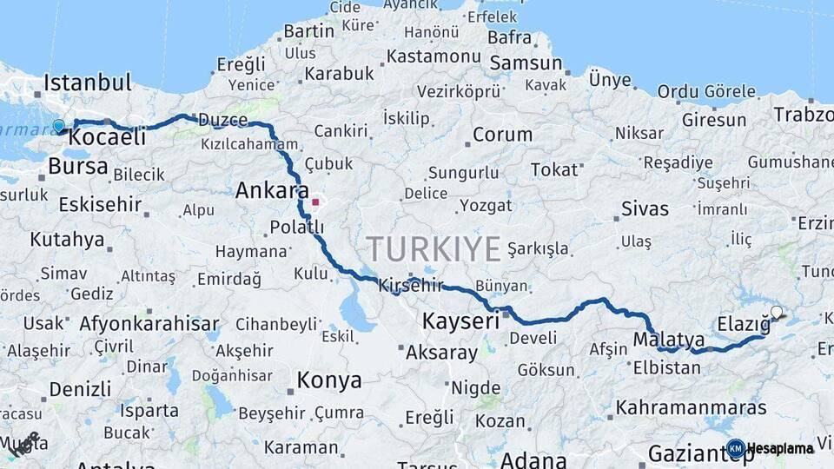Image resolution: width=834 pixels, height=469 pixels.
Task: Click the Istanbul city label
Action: pyautogui.click(x=87, y=83)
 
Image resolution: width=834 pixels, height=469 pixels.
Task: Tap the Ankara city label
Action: pyautogui.click(x=272, y=190)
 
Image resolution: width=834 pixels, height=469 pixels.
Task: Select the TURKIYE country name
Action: pyautogui.click(x=434, y=249)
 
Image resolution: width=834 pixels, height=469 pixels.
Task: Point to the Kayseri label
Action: pyautogui.click(x=460, y=321)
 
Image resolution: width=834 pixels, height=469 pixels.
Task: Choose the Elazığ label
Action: pyautogui.click(x=744, y=325)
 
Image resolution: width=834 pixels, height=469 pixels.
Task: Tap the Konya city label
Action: pyautogui.click(x=329, y=380)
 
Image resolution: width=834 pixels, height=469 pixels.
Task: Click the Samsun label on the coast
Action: pyautogui.click(x=526, y=63)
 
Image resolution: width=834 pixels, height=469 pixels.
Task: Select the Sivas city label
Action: pyautogui.click(x=645, y=208)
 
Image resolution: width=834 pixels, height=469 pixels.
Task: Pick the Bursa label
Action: pyautogui.click(x=78, y=166)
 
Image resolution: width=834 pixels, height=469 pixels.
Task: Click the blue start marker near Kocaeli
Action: pyautogui.click(x=59, y=127)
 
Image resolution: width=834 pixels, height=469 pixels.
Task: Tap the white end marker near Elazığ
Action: pyautogui.click(x=776, y=312)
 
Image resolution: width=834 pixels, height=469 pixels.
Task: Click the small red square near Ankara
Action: pyautogui.click(x=315, y=202)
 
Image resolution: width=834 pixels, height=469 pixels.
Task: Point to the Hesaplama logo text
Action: pyautogui.click(x=779, y=449)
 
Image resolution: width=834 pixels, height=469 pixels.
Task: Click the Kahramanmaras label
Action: pyautogui.click(x=691, y=407)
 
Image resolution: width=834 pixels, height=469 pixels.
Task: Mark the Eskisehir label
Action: pyautogui.click(x=100, y=205)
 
